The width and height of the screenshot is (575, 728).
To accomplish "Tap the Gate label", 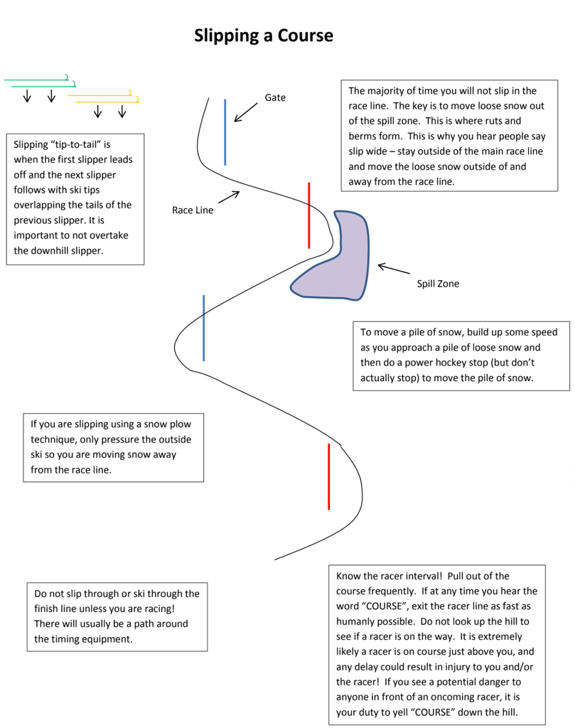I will point(275,97).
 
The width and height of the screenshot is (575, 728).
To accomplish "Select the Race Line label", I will point(193,210).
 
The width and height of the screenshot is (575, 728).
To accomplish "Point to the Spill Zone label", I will point(438,284).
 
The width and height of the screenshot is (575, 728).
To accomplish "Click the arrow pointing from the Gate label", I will point(246,111).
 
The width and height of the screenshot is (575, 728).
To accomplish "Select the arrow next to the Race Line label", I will point(229,197).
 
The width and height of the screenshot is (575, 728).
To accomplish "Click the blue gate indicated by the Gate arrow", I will point(225,132).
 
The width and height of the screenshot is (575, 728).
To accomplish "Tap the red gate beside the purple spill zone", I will point(308,215).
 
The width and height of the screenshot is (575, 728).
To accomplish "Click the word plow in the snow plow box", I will point(181,424).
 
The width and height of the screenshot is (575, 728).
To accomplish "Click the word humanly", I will point(359,621).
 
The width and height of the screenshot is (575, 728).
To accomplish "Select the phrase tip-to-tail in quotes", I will point(78,144).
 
